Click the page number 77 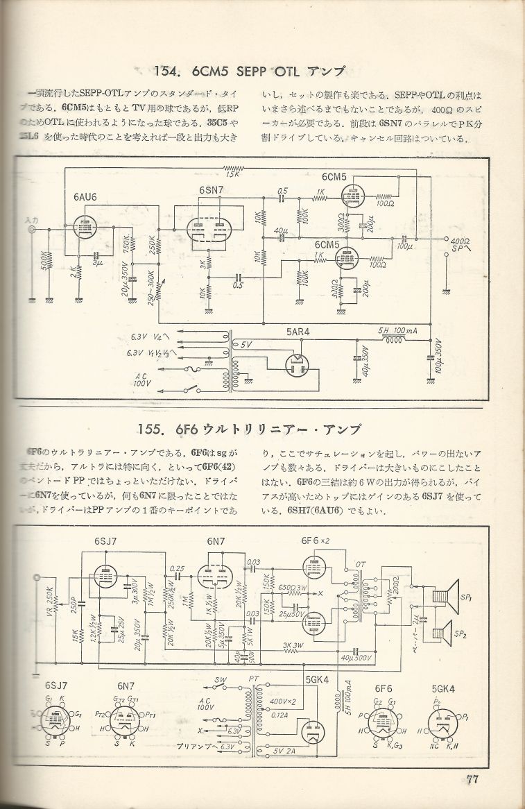coord(474,778)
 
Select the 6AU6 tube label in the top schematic coord(84,197)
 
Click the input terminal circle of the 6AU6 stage coord(31,230)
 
